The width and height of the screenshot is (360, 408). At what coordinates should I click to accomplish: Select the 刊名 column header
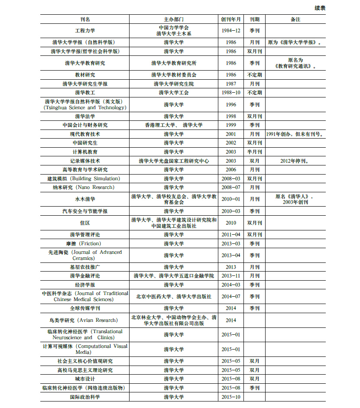85,19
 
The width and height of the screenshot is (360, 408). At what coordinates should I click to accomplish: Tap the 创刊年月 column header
231,19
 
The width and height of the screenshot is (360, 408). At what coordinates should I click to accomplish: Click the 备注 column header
295,19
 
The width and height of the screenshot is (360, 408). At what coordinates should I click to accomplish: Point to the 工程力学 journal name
85,31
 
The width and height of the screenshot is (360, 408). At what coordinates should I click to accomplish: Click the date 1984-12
231,31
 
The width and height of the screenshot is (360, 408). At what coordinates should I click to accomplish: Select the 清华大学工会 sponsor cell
174,93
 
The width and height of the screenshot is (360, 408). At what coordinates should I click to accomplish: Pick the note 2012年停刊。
295,161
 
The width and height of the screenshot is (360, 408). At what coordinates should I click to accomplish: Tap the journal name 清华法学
85,117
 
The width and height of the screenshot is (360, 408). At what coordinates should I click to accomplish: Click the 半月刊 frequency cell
254,152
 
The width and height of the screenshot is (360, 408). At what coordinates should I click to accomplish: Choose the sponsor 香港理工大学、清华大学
174,125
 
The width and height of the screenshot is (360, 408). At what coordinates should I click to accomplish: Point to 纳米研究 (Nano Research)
85,188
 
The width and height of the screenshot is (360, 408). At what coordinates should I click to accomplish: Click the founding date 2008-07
231,188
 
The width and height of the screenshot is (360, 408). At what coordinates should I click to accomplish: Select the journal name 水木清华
85,199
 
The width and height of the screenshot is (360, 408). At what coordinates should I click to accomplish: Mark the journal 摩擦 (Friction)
85,244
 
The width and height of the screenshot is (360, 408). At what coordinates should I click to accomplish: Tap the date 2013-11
231,276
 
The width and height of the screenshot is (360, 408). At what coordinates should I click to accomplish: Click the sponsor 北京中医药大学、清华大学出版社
174,297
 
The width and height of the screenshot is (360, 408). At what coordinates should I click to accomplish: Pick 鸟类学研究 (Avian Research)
85,321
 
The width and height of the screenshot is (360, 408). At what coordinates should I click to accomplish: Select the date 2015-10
231,397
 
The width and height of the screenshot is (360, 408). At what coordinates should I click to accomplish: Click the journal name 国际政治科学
85,397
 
